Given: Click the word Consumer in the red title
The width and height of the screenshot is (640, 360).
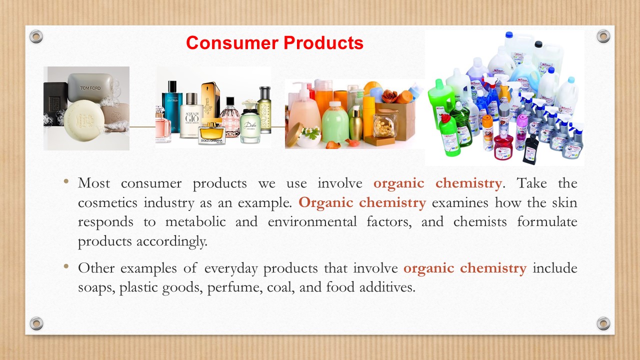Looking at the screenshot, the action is (232, 43).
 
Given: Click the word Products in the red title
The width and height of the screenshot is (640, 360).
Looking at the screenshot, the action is (323, 43).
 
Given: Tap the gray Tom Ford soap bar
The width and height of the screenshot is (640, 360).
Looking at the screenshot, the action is (90, 87).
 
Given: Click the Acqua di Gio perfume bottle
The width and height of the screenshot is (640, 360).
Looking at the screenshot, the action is (191, 115).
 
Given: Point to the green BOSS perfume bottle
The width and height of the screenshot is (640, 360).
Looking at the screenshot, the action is (264, 110).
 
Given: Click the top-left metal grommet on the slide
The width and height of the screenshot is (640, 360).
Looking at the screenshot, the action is (36, 36).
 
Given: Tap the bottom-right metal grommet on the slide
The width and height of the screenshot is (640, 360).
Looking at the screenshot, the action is (603, 323).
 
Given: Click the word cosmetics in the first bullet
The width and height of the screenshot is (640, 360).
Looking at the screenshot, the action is (107, 202).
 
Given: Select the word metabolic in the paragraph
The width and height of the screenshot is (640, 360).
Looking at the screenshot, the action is (195, 221).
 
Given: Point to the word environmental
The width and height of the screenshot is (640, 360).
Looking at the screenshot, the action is (312, 221).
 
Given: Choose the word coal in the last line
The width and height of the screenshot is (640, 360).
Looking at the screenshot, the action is (281, 287).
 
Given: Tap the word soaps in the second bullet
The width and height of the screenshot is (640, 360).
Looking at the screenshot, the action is (96, 287).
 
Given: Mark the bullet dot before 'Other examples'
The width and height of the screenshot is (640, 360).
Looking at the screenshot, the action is (66, 266).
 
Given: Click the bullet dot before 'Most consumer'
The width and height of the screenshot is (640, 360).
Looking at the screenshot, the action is (66, 181).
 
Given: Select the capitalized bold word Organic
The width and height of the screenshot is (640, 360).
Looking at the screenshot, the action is (326, 203).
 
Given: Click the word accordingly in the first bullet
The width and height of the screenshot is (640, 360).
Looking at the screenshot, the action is (171, 241).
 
